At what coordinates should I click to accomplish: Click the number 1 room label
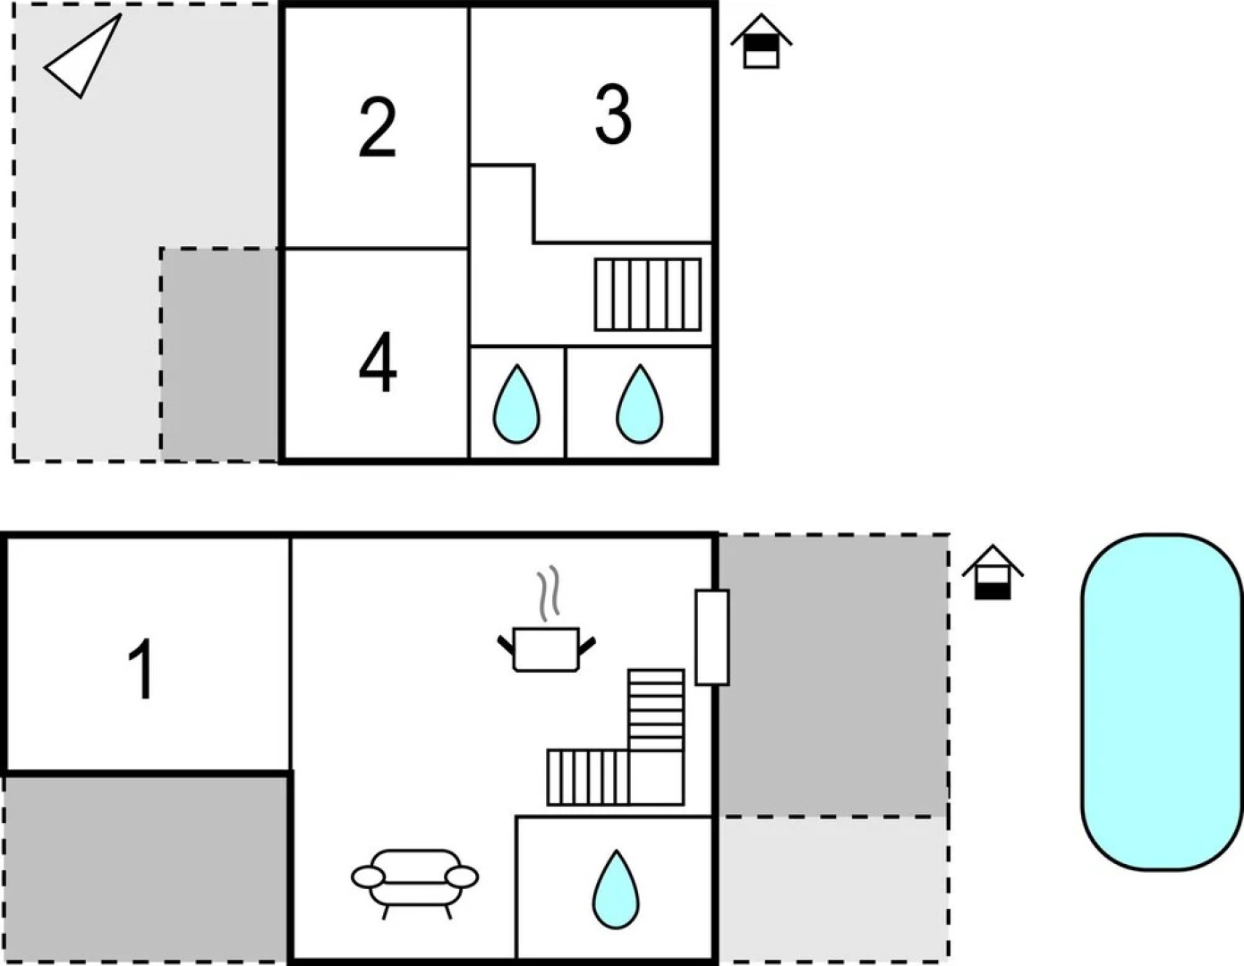141,668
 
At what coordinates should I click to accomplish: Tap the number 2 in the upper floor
377,128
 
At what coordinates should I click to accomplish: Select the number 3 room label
613,114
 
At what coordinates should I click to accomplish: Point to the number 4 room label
377,362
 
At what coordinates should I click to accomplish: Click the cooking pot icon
546,648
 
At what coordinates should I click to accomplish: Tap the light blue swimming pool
1162,701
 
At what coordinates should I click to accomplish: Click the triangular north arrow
85,56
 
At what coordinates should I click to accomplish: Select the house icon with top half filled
761,41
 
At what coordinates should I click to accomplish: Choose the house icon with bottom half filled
992,573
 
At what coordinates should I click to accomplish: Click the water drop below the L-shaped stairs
616,889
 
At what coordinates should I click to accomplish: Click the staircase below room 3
647,294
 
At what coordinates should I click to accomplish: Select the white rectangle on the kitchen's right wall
711,637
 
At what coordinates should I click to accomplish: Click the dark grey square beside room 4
220,354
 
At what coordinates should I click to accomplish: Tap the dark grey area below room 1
145,866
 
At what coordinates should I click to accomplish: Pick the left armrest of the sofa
368,877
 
